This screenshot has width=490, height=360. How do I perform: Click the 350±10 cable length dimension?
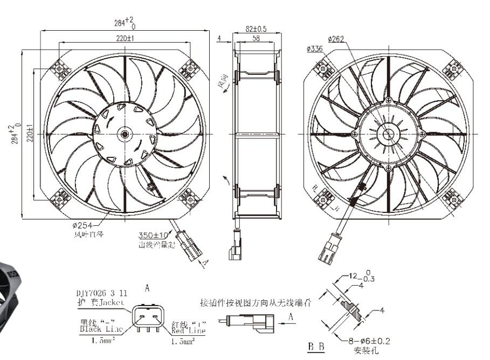point(155,236)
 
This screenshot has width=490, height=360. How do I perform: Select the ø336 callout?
point(314,49)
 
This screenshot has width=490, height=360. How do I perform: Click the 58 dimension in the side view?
point(257,39)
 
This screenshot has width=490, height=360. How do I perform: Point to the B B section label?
point(316,346)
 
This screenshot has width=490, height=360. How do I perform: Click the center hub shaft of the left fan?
point(125,133)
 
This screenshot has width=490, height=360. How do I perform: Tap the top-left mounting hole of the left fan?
point(60,70)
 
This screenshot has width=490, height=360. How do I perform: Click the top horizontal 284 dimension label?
point(123,23)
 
